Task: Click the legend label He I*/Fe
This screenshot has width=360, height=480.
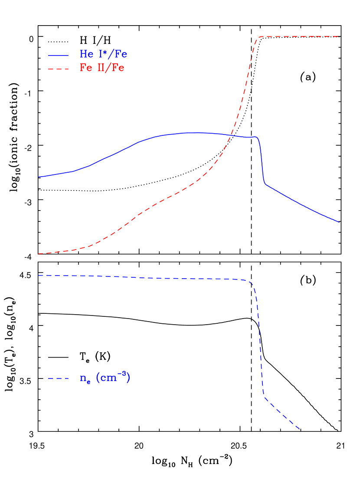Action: (x=103, y=54)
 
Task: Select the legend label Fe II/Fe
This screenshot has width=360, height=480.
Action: (x=102, y=68)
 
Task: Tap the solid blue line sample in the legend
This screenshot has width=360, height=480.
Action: (x=58, y=56)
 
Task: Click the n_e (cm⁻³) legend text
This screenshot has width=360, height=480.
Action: (x=105, y=378)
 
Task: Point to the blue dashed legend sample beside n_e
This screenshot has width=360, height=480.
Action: (x=58, y=379)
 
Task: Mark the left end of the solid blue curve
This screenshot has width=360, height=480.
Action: (x=39, y=177)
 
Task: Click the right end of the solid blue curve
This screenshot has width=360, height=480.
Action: (x=339, y=222)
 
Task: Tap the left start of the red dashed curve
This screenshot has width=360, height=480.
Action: (x=39, y=253)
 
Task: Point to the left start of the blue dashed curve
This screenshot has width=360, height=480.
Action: (x=39, y=275)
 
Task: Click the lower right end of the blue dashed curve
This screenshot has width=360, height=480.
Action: (x=300, y=430)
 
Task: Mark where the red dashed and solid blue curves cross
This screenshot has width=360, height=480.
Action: (x=232, y=135)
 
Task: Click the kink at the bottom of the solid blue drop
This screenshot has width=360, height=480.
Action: (x=265, y=184)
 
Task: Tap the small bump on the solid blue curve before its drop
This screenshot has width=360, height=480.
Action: (x=255, y=137)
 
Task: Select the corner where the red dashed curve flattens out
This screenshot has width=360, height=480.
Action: (x=259, y=37)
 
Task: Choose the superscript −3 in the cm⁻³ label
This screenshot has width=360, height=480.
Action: (x=124, y=374)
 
